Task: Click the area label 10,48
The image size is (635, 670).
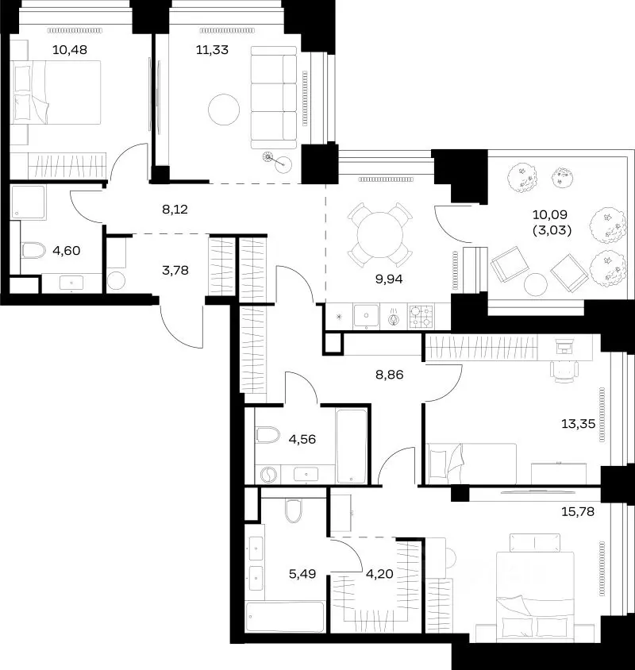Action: [x=70, y=50]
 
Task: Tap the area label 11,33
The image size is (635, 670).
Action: [x=212, y=50]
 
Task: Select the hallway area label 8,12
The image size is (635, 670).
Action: [x=175, y=210]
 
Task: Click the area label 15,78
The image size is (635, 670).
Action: [x=578, y=511]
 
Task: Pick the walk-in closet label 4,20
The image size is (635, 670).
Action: [x=379, y=574]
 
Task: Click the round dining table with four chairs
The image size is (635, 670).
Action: [x=380, y=235]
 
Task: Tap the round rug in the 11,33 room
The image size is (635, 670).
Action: [x=224, y=110]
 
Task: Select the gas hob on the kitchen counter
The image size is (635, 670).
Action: [x=421, y=317]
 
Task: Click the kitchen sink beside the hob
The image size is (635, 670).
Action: [x=367, y=316]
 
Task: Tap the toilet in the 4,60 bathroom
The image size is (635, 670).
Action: [x=33, y=250]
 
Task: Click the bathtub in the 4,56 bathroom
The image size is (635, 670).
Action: [x=352, y=446]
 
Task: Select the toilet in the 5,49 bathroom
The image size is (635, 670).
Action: [x=293, y=510]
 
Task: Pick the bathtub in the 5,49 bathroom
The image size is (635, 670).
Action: [x=285, y=617]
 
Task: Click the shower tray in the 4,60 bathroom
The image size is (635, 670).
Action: [x=28, y=202]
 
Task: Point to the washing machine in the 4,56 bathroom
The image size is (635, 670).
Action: [x=268, y=475]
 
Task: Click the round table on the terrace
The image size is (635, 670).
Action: [x=536, y=284]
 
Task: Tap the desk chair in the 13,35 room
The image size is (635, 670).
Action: [x=564, y=371]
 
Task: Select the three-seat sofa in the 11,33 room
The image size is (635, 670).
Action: [x=274, y=98]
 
